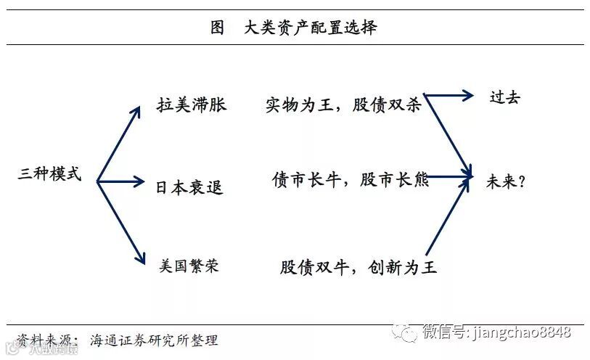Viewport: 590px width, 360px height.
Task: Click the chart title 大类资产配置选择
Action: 311,28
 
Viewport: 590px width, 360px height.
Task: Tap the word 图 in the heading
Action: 217,28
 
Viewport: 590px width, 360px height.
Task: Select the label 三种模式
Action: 49,175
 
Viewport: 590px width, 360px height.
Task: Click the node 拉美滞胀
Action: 192,105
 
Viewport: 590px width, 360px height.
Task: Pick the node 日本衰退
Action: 189,187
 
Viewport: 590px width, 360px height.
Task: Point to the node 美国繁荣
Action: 189,266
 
